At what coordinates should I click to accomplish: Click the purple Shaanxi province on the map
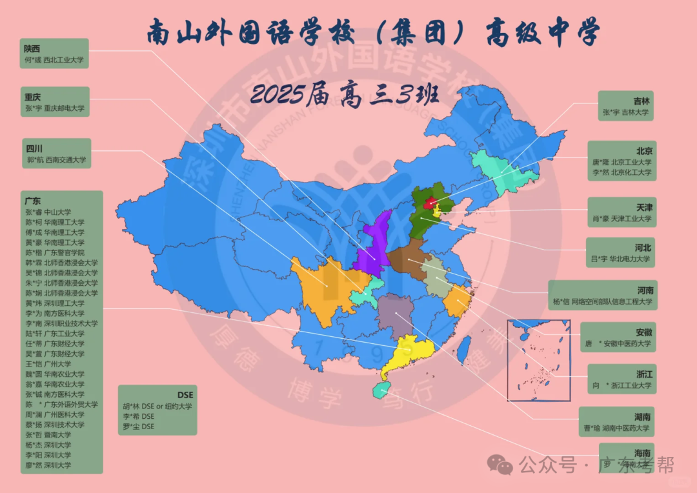click(x=374, y=242)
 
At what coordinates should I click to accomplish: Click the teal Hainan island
click(x=381, y=388)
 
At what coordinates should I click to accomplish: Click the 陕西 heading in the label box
click(x=32, y=48)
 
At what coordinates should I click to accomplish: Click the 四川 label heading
click(x=34, y=148)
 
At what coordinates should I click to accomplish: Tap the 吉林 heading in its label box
click(x=641, y=101)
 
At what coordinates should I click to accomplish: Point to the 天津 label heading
click(x=644, y=208)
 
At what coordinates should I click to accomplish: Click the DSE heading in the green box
click(x=185, y=395)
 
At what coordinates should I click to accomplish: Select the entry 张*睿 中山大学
click(x=48, y=212)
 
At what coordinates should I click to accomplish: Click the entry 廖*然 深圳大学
click(x=48, y=465)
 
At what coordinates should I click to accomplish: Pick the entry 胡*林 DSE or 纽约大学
click(x=157, y=406)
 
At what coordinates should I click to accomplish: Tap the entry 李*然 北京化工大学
click(x=622, y=173)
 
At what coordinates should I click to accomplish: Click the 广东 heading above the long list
click(x=32, y=201)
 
